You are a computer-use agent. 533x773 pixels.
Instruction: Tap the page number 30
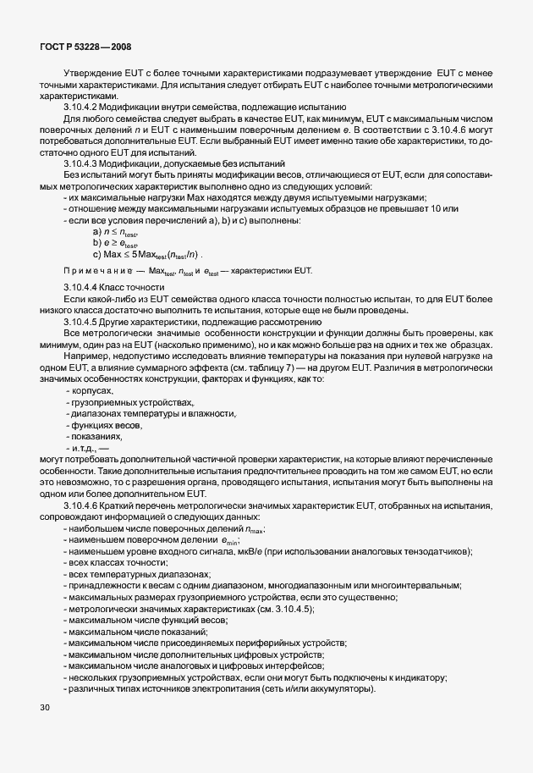point(45,705)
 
